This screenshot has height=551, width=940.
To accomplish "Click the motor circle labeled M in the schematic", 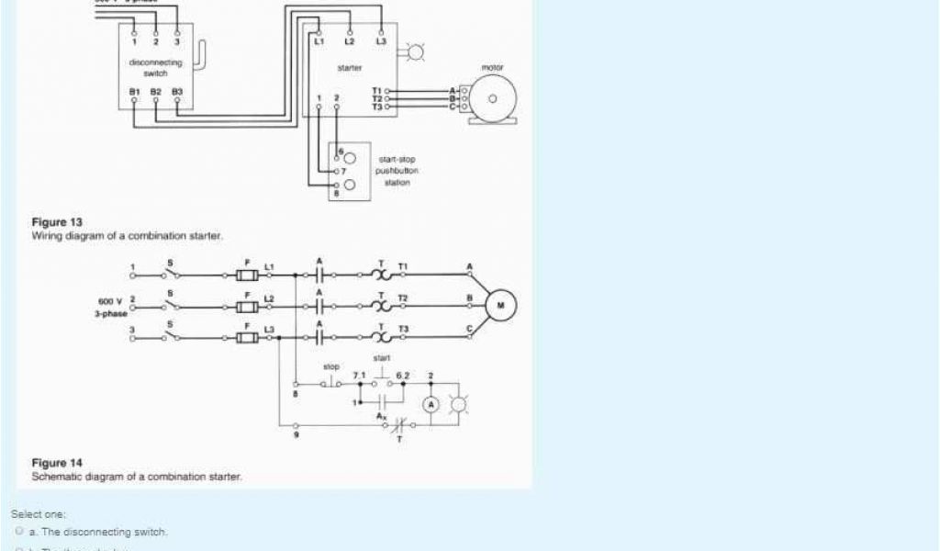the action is [x=501, y=305].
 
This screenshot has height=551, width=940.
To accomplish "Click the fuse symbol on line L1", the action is [x=246, y=275].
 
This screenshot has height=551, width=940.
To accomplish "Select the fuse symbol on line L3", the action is [x=246, y=337].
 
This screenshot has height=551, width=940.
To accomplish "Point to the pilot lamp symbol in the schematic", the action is [x=461, y=404].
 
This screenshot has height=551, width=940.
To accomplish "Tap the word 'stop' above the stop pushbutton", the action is [x=331, y=366].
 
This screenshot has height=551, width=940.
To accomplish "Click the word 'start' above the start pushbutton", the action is [x=382, y=357].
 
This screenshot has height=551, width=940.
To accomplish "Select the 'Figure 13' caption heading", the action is [x=57, y=222].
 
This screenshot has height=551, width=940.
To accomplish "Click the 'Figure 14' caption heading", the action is [x=57, y=463].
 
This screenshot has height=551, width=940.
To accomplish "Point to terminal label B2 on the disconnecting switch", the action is [x=155, y=92].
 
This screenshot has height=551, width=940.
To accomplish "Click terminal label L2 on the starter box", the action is [x=350, y=42].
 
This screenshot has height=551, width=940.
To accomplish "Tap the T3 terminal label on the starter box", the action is [x=376, y=107].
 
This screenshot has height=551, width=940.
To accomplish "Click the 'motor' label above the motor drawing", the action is [x=493, y=67].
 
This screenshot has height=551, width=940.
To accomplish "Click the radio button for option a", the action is [x=19, y=532].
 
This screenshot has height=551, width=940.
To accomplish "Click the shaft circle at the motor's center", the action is [x=493, y=99].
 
